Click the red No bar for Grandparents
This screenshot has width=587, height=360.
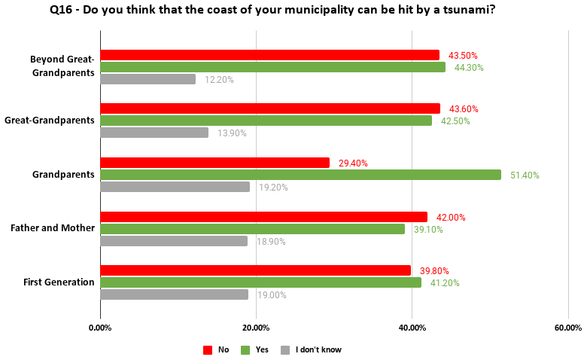click(x=214, y=163)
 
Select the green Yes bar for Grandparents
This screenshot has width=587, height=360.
click(x=300, y=175)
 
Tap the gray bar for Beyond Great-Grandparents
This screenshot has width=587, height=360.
click(x=148, y=79)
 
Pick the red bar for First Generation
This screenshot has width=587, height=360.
click(x=255, y=270)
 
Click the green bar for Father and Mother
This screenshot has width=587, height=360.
click(x=252, y=229)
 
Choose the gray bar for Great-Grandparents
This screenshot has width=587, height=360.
click(x=154, y=133)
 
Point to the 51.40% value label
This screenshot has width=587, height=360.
click(x=525, y=175)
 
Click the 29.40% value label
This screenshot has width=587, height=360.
click(x=353, y=163)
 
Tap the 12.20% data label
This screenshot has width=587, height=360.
click(x=219, y=80)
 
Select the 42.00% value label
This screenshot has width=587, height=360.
click(x=451, y=218)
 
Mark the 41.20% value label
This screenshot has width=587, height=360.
click(x=445, y=283)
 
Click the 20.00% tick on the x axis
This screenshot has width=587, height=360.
click(x=256, y=328)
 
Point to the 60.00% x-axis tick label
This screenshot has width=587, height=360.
click(x=567, y=328)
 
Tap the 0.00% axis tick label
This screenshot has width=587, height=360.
click(x=100, y=328)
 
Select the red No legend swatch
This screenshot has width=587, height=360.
click(x=208, y=349)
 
